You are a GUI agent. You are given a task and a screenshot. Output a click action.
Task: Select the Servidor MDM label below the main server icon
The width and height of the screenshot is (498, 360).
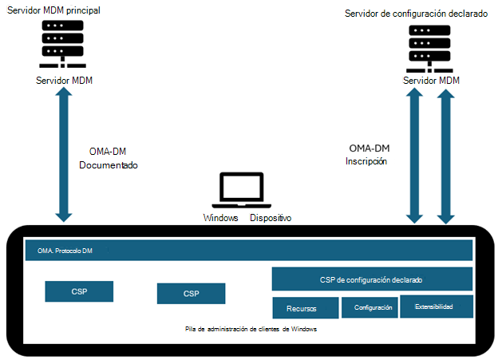point(63,81)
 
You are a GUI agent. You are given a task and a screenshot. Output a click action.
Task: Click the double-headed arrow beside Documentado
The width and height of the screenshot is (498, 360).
point(63,156)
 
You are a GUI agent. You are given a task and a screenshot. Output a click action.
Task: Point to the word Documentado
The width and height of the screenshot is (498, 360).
point(109,166)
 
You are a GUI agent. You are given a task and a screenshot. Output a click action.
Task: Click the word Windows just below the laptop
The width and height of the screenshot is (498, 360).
point(221,217)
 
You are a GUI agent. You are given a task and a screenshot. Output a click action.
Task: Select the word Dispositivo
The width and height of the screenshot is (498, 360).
point(271,217)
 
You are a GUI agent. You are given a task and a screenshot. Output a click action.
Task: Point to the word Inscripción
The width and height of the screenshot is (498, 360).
point(366,160)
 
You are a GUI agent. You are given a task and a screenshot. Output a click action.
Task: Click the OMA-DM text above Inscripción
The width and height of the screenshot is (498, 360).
point(370,148)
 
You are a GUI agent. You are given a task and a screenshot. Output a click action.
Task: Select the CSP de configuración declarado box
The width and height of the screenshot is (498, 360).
point(372,280)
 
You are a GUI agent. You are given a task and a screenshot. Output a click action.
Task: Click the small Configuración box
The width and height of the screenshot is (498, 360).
point(372,307)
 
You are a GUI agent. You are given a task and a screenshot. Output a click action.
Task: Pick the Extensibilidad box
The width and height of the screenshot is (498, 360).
point(433,307)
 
